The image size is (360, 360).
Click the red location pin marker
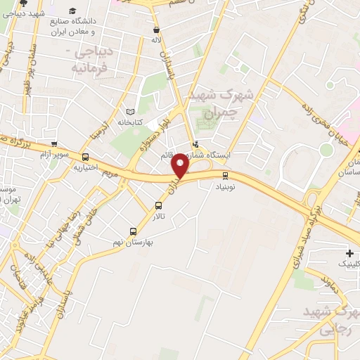(x=181, y=166)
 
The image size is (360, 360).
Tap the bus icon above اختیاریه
(x=86, y=157)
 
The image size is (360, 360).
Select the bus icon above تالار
(x=158, y=206)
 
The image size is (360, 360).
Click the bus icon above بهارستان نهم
(x=133, y=231)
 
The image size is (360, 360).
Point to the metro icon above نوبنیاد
(x=225, y=176)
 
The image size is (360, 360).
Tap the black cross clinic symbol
(x=349, y=252)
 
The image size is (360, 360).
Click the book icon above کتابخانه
(x=129, y=112)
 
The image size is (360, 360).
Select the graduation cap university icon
(x=73, y=11)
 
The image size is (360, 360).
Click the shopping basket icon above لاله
(x=157, y=30)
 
